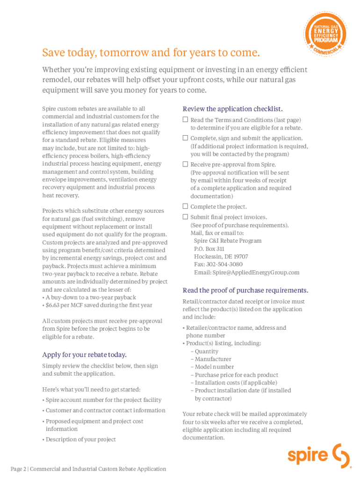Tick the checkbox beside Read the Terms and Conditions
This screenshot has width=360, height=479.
click(x=185, y=120)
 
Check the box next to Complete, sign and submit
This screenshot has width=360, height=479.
click(x=185, y=138)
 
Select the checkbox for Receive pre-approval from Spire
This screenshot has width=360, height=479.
click(x=185, y=164)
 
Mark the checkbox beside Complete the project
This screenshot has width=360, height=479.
click(x=185, y=206)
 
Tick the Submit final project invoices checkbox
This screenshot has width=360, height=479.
click(x=185, y=217)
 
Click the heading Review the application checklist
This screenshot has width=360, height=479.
click(x=232, y=109)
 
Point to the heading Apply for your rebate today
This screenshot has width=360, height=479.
click(x=84, y=354)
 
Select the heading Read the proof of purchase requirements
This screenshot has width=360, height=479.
click(x=245, y=290)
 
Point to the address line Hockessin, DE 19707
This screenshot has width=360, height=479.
click(x=221, y=256)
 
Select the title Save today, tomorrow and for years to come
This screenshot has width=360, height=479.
click(x=151, y=52)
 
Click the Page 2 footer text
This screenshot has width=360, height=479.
click(x=88, y=469)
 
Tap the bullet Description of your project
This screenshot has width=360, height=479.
click(x=80, y=439)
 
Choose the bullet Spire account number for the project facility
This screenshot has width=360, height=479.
click(x=103, y=400)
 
